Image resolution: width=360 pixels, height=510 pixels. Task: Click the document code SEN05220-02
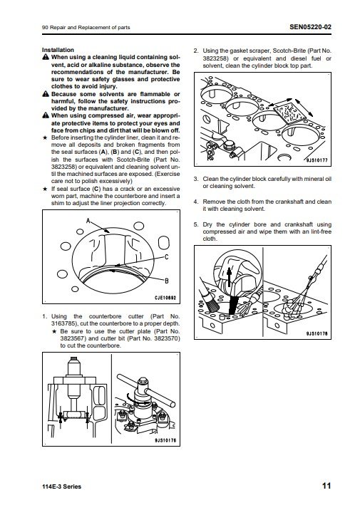pos(310,26)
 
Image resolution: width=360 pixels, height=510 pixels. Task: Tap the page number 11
pos(326,486)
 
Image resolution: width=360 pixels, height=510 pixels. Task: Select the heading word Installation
pos(58,50)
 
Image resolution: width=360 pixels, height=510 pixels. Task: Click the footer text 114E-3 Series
pos(61,486)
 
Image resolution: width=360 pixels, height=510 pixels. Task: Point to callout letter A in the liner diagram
pos(88,221)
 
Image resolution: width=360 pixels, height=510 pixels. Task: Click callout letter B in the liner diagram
pos(166,281)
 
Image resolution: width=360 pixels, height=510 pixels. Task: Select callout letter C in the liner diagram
pos(166,257)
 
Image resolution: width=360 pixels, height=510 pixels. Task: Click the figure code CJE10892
pos(165,298)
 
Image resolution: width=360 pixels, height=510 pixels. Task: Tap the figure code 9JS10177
pos(317,160)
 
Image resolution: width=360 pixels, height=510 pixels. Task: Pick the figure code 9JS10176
pos(165,440)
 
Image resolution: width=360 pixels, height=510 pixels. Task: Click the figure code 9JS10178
pos(317,333)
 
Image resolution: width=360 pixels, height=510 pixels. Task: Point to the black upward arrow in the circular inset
pos(229,276)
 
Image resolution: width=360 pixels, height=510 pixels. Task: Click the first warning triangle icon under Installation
pos(46,57)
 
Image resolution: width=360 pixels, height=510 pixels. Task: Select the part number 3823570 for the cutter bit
pos(167,338)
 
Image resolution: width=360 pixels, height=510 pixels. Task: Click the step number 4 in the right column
pos(195,202)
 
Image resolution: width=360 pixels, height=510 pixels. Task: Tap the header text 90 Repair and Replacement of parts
pos(86,28)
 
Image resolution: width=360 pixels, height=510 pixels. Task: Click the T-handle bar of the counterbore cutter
pos(146,390)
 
